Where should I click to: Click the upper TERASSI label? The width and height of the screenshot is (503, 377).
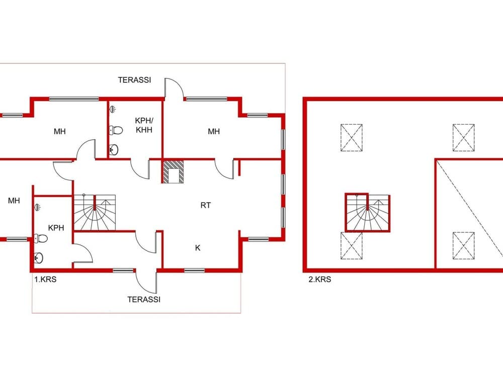tap(134, 80)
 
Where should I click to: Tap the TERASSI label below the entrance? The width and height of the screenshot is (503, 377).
tap(144, 300)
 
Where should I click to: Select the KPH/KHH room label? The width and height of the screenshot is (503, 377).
tap(144, 125)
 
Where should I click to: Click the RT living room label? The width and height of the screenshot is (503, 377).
tap(206, 205)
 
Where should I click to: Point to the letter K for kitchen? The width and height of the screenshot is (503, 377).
tap(198, 248)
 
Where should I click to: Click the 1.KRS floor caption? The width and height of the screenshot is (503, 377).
tap(45, 279)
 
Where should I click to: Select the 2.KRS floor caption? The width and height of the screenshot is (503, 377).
tap(319, 279)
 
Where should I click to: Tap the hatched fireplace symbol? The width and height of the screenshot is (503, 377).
tap(173, 172)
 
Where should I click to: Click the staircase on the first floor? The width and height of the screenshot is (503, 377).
tap(95, 212)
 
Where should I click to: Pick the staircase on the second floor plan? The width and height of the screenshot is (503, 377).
tap(368, 212)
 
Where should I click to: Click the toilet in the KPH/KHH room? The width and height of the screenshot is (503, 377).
tap(116, 131)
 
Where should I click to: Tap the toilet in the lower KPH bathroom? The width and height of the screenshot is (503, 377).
tap(41, 238)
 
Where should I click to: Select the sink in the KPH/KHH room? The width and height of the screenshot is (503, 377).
tap(114, 149)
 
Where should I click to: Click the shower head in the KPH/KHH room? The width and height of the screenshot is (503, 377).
tap(112, 109)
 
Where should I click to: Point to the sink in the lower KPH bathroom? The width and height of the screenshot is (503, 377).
tap(39, 257)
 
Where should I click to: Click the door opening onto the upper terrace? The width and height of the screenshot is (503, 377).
tap(174, 88)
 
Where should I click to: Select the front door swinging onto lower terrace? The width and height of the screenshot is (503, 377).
tap(146, 281)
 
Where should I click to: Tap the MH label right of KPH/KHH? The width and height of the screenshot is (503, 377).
tap(214, 131)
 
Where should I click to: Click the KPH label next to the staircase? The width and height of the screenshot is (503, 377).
tap(56, 228)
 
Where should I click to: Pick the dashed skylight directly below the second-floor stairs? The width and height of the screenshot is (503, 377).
tap(352, 246)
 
